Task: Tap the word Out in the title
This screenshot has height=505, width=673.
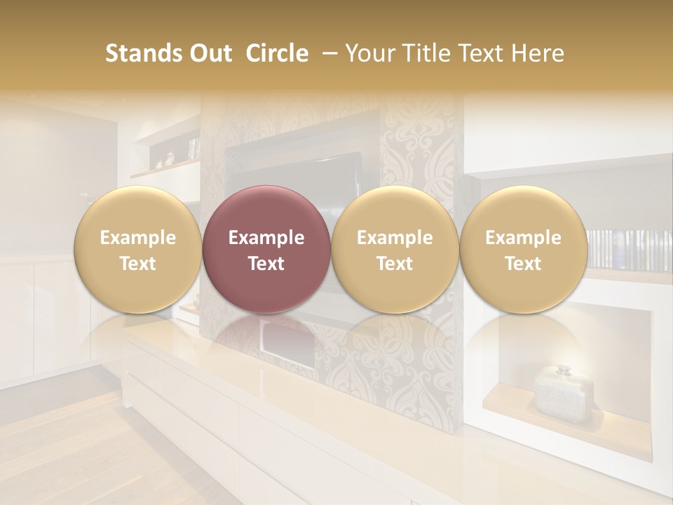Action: (x=208, y=53)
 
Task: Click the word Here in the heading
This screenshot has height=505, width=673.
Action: (x=537, y=53)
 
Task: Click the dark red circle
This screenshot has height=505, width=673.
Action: (x=266, y=250)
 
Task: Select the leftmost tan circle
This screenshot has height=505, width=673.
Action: (x=138, y=250)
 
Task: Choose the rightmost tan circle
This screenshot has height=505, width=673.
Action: (x=524, y=250)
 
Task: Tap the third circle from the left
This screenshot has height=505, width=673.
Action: (x=395, y=250)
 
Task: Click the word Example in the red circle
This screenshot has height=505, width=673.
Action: (x=266, y=238)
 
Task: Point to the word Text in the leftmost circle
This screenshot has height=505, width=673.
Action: (x=138, y=264)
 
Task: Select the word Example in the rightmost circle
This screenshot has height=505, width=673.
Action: (x=524, y=238)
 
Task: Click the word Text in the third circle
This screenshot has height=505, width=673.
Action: (x=395, y=264)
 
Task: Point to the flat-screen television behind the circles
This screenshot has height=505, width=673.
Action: (x=301, y=168)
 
